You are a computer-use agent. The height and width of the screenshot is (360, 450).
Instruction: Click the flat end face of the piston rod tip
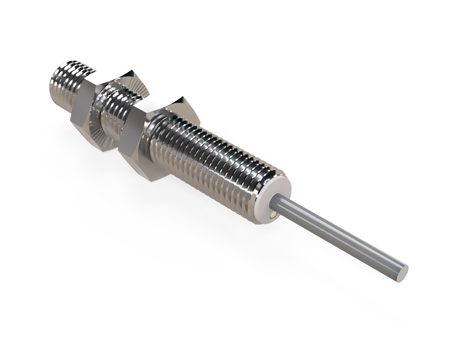[x=401, y=270]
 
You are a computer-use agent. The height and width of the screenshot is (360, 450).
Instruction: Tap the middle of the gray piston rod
[x=340, y=235]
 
